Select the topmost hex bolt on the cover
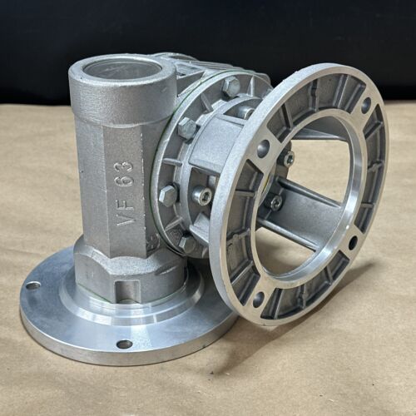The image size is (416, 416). click(231, 87)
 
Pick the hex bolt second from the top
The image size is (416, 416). click(187, 127)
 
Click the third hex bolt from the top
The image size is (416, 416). click(168, 194)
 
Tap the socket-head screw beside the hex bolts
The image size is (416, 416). click(202, 195)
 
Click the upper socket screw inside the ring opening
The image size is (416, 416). click(289, 158)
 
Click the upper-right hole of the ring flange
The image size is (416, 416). click(366, 102)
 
